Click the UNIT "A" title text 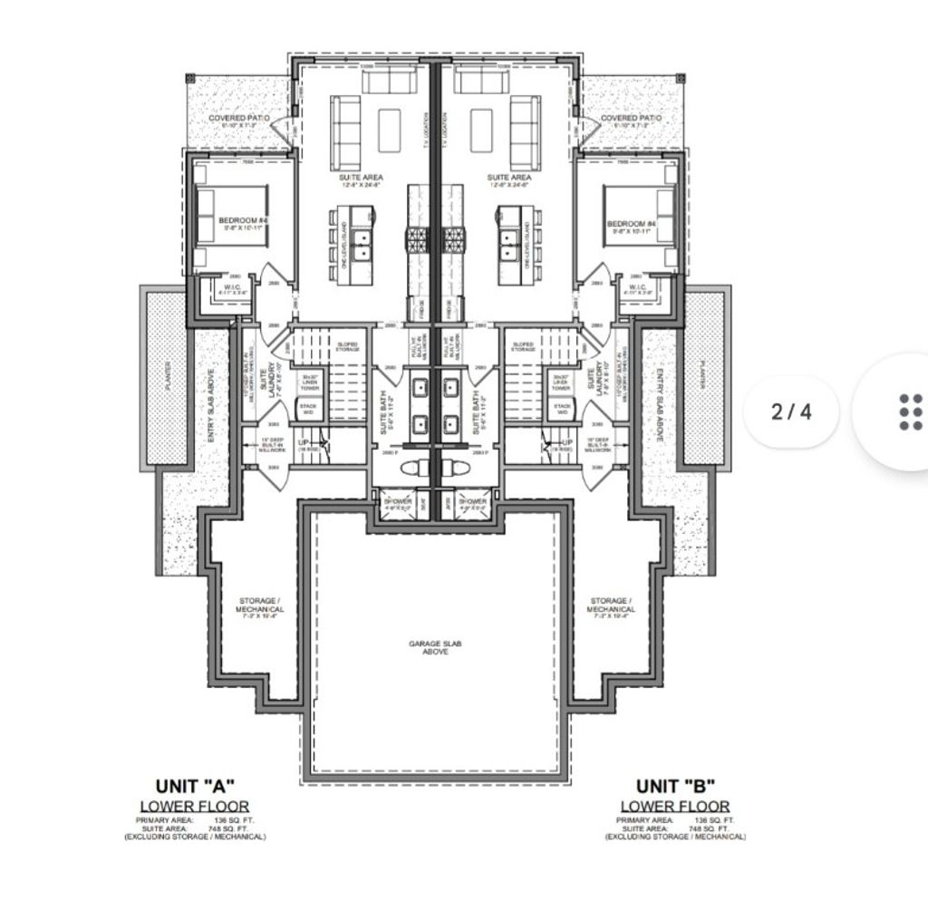pyautogui.click(x=194, y=786)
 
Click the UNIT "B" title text pyautogui.click(x=674, y=786)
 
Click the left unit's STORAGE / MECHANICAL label pyautogui.click(x=262, y=605)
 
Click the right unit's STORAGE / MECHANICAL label pyautogui.click(x=611, y=605)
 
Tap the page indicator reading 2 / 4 pyautogui.click(x=791, y=411)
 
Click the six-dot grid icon pyautogui.click(x=910, y=411)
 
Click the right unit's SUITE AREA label pyautogui.click(x=508, y=179)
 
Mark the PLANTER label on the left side pyautogui.click(x=167, y=375)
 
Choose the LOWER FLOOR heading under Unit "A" pyautogui.click(x=194, y=806)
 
